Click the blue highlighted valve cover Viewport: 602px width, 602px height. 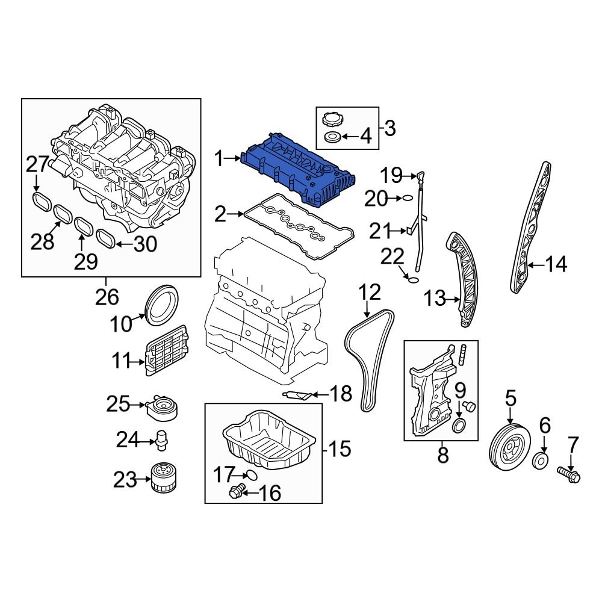[298, 169]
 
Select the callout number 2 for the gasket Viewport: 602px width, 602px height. [220, 213]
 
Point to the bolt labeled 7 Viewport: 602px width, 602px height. [569, 475]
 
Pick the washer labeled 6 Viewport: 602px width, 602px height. [542, 462]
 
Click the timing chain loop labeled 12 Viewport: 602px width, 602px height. [368, 361]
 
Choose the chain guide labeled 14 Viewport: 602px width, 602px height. [530, 229]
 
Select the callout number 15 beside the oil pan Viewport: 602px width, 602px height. [340, 448]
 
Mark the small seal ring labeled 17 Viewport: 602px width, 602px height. [252, 474]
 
